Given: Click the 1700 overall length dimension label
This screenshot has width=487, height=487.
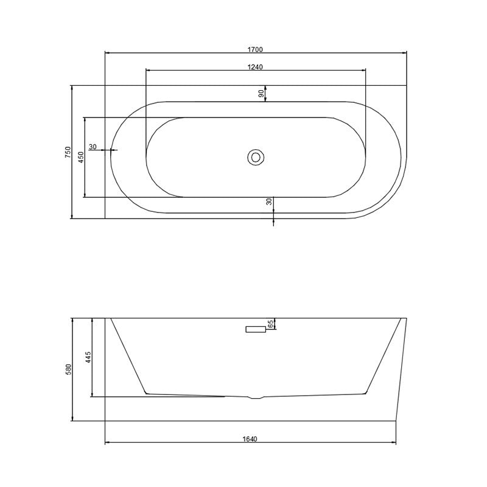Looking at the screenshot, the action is pos(255,49).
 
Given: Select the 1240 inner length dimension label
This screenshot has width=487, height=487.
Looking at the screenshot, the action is pos(255,67).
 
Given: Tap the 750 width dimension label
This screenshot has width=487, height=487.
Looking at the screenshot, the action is pos(68,152).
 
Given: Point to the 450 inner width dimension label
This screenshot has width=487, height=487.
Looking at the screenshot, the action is pos(81,157).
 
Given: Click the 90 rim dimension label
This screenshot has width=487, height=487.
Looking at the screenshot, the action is pos(262,93).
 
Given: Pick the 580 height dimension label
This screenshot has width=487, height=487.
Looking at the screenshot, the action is pos(68,370).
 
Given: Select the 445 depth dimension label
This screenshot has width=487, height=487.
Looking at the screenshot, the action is pos(88,357).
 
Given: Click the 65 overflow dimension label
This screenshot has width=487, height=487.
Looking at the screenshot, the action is pos(270,324).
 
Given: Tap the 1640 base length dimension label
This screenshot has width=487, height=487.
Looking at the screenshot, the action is pos(250,439).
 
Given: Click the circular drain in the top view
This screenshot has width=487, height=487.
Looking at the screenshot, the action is pos(256,158).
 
